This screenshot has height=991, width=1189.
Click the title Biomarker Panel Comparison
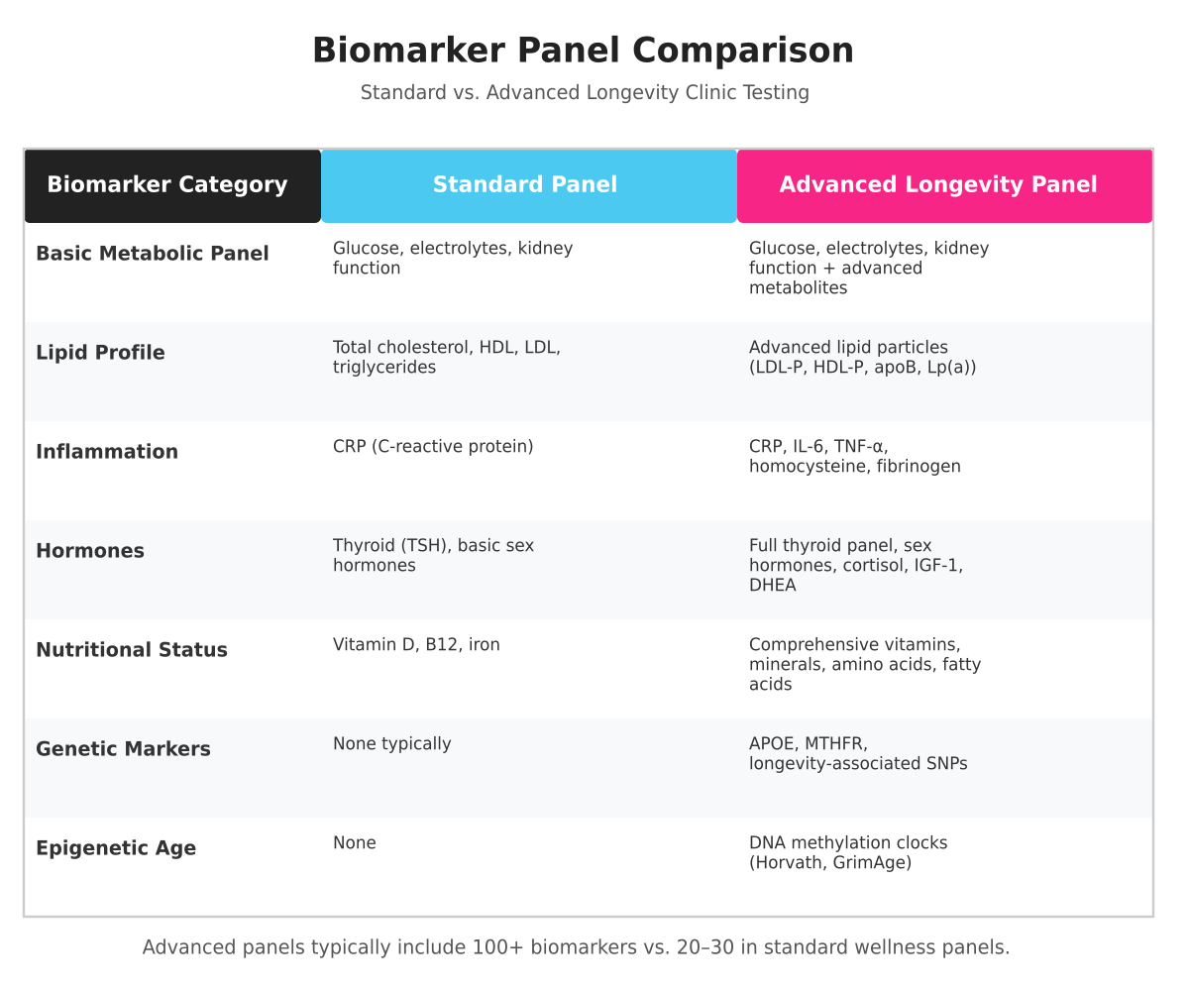click(583, 51)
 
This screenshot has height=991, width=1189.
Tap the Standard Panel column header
click(525, 185)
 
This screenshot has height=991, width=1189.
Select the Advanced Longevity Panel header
click(938, 185)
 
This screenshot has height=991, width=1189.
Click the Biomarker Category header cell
click(167, 185)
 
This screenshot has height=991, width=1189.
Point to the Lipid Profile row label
click(100, 353)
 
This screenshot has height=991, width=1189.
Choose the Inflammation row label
click(107, 452)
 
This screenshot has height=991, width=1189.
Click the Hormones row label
click(90, 551)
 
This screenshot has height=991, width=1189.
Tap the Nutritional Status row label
click(132, 650)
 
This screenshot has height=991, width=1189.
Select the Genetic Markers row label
click(123, 749)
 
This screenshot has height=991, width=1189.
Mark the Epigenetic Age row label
click(116, 848)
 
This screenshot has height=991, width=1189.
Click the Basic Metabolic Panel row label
click(153, 254)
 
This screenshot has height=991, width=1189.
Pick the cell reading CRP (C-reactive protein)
click(433, 447)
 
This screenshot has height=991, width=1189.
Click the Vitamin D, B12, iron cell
click(416, 645)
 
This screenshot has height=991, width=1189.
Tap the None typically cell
click(391, 744)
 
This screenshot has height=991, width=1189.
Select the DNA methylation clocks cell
click(848, 852)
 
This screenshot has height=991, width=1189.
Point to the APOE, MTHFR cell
click(858, 753)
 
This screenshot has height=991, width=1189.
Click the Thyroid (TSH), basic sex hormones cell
click(433, 555)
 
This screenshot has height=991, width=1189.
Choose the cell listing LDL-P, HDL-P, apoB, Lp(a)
click(862, 357)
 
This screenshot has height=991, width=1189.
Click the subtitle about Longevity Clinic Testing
click(585, 93)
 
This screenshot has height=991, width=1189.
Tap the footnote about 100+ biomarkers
click(576, 947)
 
